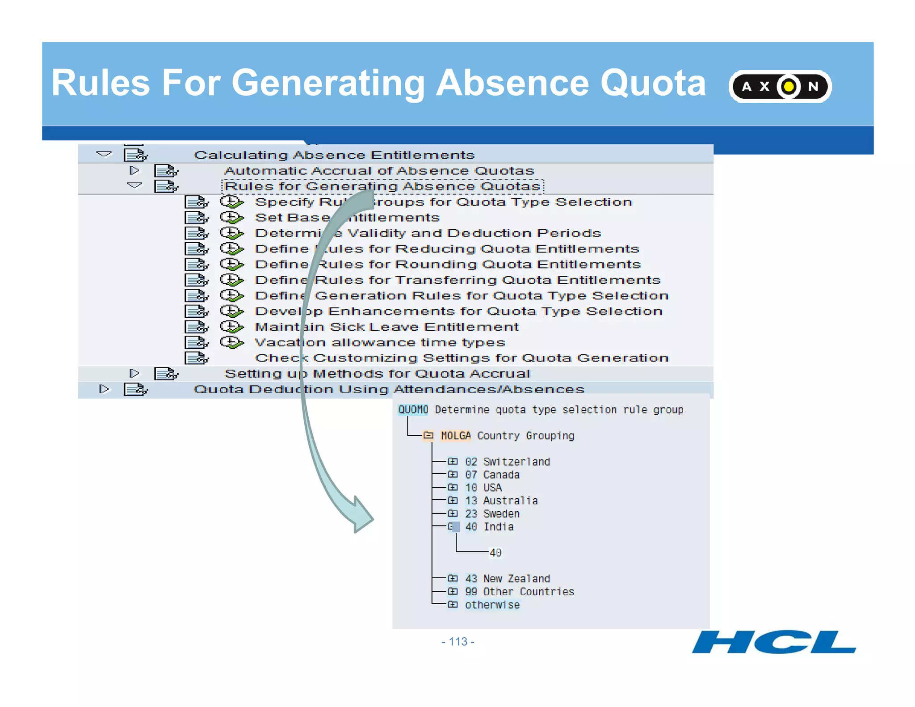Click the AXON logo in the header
pyautogui.click(x=780, y=86)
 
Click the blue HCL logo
pyautogui.click(x=774, y=642)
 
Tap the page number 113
pyautogui.click(x=458, y=642)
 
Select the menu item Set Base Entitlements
pyautogui.click(x=347, y=218)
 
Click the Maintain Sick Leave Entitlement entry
pyautogui.click(x=386, y=327)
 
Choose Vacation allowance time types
pyautogui.click(x=380, y=342)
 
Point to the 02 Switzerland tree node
pyautogui.click(x=507, y=462)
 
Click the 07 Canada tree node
pyautogui.click(x=492, y=475)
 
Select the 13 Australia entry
pyautogui.click(x=501, y=501)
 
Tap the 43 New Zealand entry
pyautogui.click(x=507, y=579)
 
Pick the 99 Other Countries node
pyautogui.click(x=519, y=592)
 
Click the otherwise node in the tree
pyautogui.click(x=492, y=605)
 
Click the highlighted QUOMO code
pyautogui.click(x=413, y=410)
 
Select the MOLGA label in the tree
pyautogui.click(x=456, y=436)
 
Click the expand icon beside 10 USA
pyautogui.click(x=453, y=487)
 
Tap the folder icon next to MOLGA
pyautogui.click(x=428, y=435)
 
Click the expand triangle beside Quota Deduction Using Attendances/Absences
pyautogui.click(x=104, y=389)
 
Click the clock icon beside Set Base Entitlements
pyautogui.click(x=231, y=218)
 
